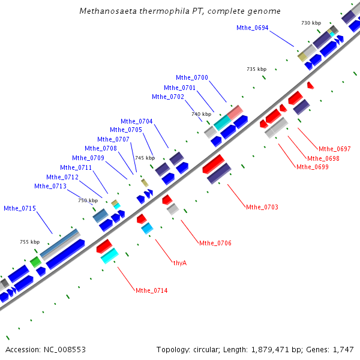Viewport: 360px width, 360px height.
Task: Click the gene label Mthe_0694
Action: (252, 28)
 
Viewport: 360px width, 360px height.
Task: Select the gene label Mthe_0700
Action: (192, 77)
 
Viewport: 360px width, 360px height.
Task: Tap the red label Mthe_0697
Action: (334, 149)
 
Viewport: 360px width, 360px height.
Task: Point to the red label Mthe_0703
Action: (262, 207)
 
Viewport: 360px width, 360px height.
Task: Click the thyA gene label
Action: (180, 263)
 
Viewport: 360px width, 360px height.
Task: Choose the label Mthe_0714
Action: (151, 290)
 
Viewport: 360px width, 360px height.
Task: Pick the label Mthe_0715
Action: (20, 208)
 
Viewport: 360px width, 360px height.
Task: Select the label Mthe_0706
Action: (215, 243)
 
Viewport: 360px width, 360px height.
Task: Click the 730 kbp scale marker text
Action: (311, 23)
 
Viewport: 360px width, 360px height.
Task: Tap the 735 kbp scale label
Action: (256, 70)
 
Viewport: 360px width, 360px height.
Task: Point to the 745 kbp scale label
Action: (145, 158)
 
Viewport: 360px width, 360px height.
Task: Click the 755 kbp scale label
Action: (29, 242)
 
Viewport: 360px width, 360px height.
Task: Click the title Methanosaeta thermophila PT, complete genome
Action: (180, 11)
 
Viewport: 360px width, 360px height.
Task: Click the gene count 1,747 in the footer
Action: (344, 349)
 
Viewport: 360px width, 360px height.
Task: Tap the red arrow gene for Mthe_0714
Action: (104, 245)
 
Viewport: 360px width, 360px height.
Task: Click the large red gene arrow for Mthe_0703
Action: (213, 163)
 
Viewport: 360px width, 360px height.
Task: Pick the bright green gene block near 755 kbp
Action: (35, 262)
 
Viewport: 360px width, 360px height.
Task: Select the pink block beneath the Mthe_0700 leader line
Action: (235, 112)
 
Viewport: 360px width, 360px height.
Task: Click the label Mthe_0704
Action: (136, 121)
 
